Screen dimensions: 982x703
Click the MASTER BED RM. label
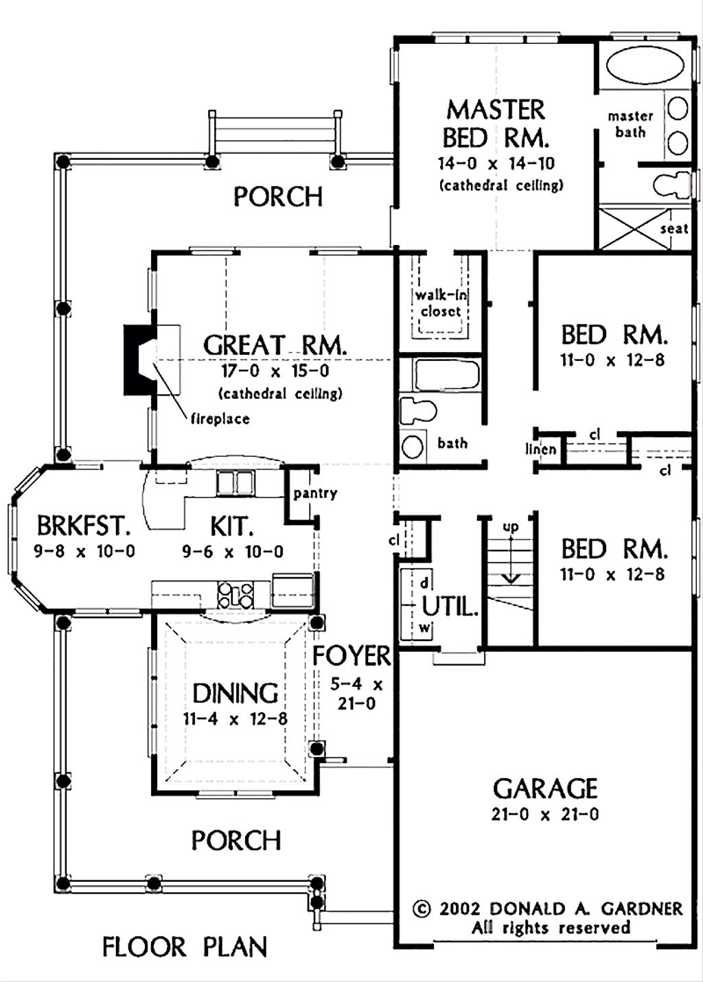(496, 124)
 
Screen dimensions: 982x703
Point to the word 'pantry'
(315, 493)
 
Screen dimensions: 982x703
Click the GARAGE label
(545, 789)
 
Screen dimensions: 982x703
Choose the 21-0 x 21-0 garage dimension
(545, 815)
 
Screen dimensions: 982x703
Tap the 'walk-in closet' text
(441, 303)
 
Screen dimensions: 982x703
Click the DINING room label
(235, 694)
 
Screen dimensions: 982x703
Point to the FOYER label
(351, 657)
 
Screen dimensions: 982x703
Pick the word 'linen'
(541, 449)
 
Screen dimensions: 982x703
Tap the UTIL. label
(450, 607)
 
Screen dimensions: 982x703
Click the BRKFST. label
(83, 526)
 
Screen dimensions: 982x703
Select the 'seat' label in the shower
(674, 229)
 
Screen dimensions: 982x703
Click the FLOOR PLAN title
(185, 948)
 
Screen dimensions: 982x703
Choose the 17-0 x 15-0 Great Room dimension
(275, 371)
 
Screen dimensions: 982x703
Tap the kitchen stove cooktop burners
(235, 594)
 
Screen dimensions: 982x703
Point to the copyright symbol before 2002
(422, 909)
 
